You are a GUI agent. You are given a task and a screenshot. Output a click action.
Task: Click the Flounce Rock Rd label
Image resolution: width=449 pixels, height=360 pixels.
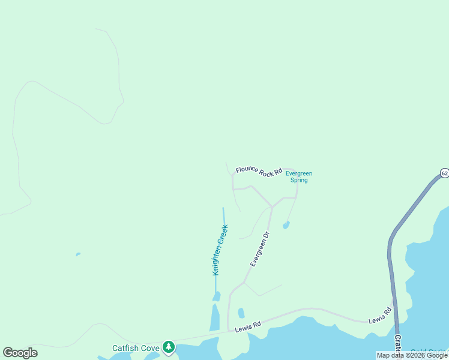coord(259,171)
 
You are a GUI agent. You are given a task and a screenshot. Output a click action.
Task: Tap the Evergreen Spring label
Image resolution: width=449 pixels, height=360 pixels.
coord(299,177)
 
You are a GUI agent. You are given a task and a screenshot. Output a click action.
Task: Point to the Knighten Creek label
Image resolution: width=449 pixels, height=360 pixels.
coord(220,250)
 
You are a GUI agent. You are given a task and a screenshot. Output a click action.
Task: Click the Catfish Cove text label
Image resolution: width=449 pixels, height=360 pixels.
coord(136,348)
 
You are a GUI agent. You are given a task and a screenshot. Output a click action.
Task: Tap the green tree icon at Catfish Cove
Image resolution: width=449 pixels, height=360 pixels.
coord(169,347)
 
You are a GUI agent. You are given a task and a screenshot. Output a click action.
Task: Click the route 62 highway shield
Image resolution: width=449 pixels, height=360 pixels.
coord(444,173)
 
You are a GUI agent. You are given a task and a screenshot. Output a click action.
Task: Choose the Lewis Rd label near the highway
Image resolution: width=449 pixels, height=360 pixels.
coord(380,316)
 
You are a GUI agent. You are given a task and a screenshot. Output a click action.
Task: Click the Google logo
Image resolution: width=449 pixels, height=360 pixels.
coord(20,353)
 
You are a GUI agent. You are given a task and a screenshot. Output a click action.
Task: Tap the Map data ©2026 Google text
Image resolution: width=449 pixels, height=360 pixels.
coord(412,355)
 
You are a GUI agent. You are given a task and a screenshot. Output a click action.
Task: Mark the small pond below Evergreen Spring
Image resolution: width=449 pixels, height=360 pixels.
coord(286,226)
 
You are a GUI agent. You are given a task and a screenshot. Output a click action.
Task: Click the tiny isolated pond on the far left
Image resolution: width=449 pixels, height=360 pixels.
coord(78,254)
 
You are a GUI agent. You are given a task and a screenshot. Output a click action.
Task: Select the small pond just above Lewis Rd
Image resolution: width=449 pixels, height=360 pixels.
coord(241,313)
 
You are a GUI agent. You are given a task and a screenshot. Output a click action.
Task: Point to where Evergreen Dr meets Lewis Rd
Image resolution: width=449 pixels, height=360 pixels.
coord(229,330)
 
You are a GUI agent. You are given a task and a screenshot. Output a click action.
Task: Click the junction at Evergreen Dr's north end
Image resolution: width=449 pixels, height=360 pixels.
coord(272,207)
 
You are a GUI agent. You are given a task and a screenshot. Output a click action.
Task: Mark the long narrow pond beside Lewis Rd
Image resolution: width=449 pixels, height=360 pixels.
coord(214,318)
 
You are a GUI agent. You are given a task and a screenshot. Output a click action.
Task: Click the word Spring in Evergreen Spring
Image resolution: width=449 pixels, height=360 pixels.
coord(299,180)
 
